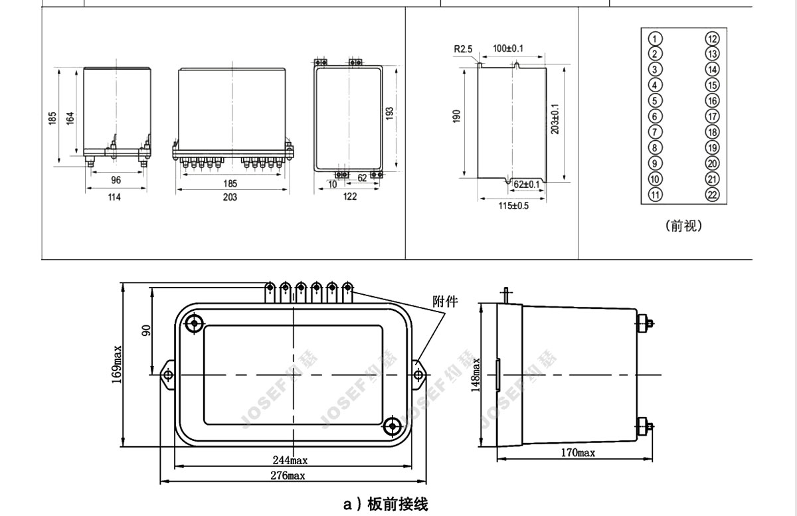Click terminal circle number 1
coord(655,39)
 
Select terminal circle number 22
coord(712,195)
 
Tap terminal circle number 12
coord(712,39)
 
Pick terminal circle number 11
coord(655,195)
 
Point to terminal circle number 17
coord(712,116)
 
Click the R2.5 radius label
coord(463,49)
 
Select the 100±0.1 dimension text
coord(508,48)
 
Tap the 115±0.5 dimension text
coord(513,206)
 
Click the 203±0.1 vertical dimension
coord(555,120)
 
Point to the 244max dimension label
coord(290,460)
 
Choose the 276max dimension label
coord(288,475)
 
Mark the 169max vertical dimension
coord(117,365)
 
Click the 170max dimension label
coord(578,453)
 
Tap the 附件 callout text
coord(445,301)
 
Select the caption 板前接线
coord(398,504)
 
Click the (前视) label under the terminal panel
coord(683,226)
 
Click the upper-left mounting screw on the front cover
coord(194,323)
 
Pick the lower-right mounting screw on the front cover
coord(392,426)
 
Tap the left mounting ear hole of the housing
coord(168,375)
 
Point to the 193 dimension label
coord(390,113)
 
